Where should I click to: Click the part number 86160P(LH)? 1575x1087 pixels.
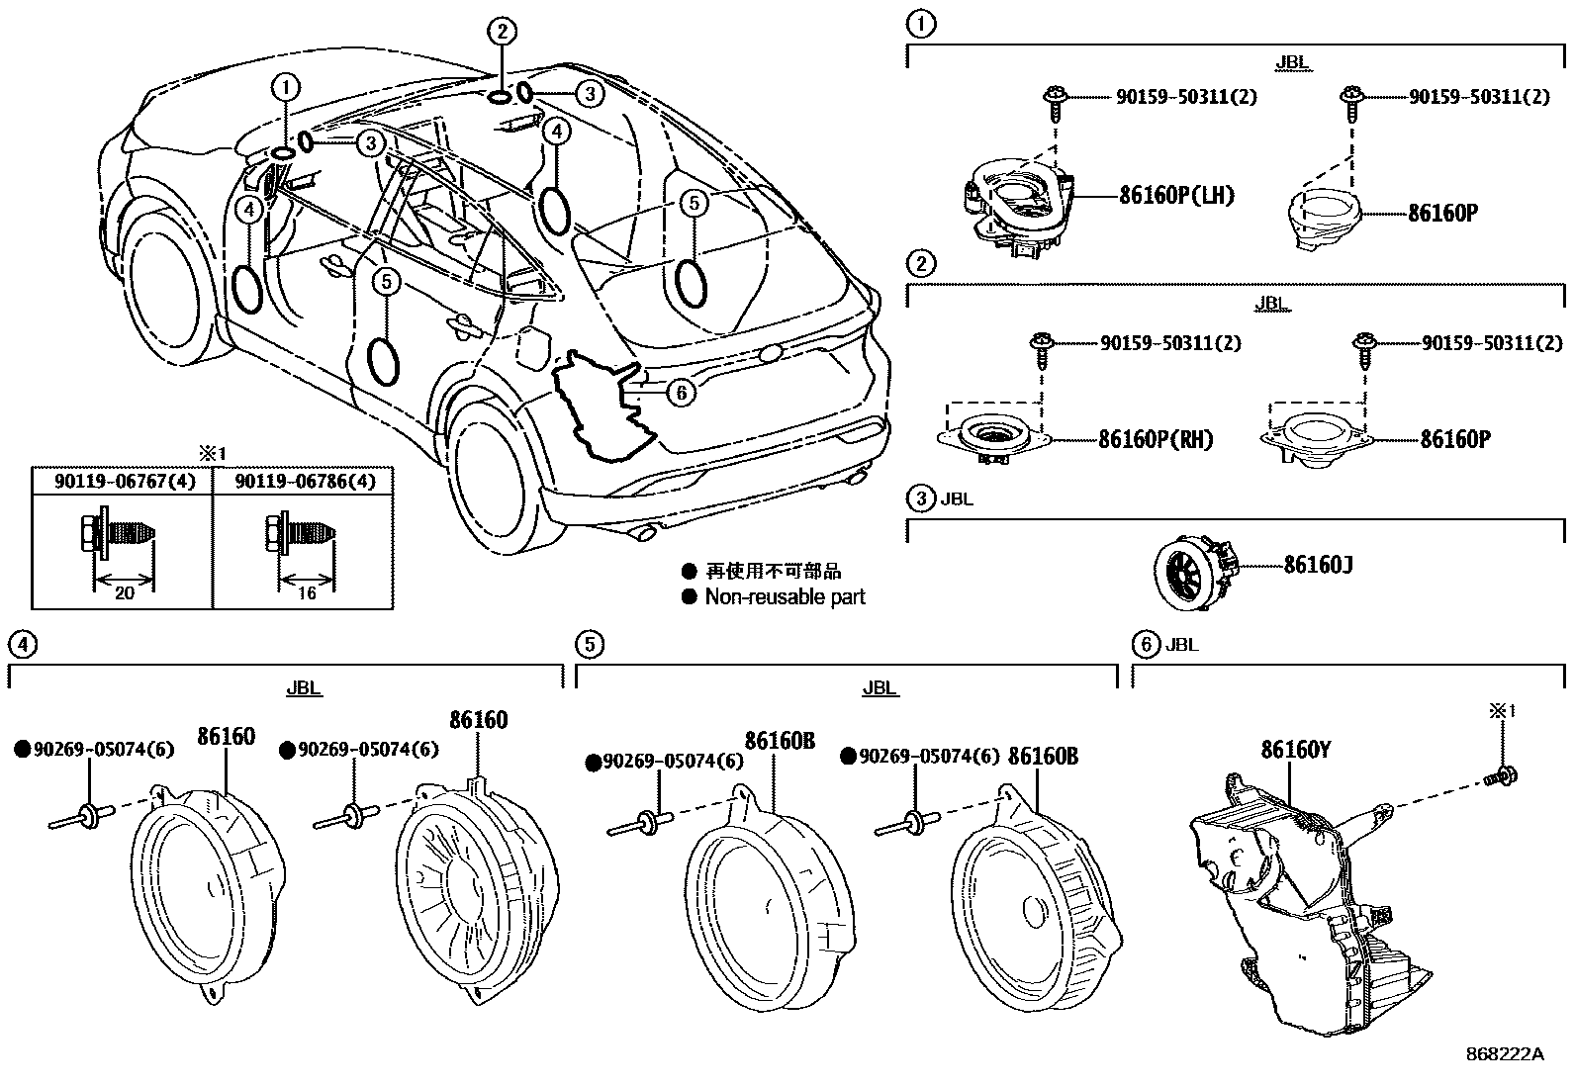point(1176,195)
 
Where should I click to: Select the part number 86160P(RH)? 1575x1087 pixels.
point(1155,439)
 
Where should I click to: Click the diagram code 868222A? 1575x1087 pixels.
point(1504,1054)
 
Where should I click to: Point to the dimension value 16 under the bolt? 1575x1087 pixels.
point(307,592)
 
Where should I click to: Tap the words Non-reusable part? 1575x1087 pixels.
point(785,596)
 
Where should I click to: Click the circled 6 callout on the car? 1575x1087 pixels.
point(681,393)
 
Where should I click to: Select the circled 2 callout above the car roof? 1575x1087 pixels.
point(502,32)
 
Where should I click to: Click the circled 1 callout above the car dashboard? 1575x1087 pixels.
point(286,87)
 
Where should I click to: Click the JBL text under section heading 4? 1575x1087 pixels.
point(303,688)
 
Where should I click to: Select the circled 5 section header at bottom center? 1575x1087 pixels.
point(588,645)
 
